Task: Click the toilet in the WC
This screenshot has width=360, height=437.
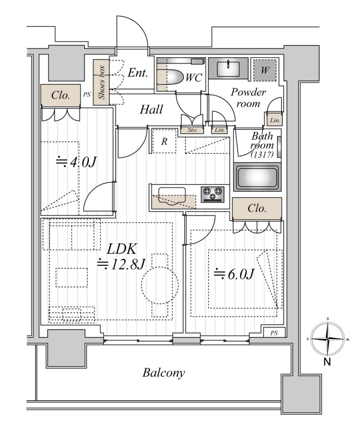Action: [x=169, y=77]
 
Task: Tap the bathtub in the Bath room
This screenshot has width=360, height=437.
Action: [x=258, y=178]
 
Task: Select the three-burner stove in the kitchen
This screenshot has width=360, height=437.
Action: [x=213, y=194]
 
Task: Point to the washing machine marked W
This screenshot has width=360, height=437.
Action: [x=265, y=70]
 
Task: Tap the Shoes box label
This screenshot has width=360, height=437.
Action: [x=101, y=82]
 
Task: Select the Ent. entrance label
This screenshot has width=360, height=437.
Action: [x=138, y=73]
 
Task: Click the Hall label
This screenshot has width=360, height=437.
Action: [x=151, y=109]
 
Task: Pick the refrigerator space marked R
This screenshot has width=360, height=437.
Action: [x=164, y=141]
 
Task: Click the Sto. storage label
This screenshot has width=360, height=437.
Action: [x=193, y=130]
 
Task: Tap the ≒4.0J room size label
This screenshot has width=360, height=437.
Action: [x=76, y=161]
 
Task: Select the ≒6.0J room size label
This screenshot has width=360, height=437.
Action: [x=234, y=274]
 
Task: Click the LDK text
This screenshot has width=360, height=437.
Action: [x=122, y=249]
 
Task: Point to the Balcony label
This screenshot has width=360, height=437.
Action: [x=164, y=373]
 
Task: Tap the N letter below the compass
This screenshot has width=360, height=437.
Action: [x=327, y=362]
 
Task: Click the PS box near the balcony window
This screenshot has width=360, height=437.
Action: [x=275, y=333]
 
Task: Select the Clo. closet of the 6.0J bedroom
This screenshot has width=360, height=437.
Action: [x=257, y=209]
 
